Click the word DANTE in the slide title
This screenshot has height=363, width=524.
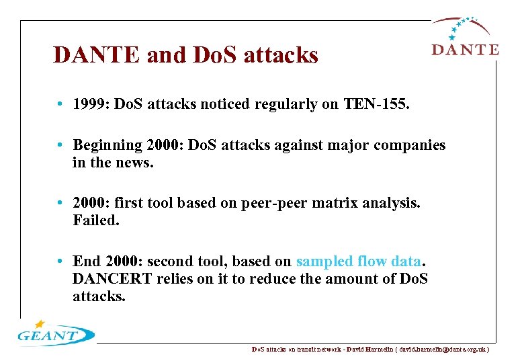[97, 55]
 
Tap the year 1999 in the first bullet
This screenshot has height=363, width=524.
[90, 105]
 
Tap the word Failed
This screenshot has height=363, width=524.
[95, 220]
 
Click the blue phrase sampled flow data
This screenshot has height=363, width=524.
[359, 261]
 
